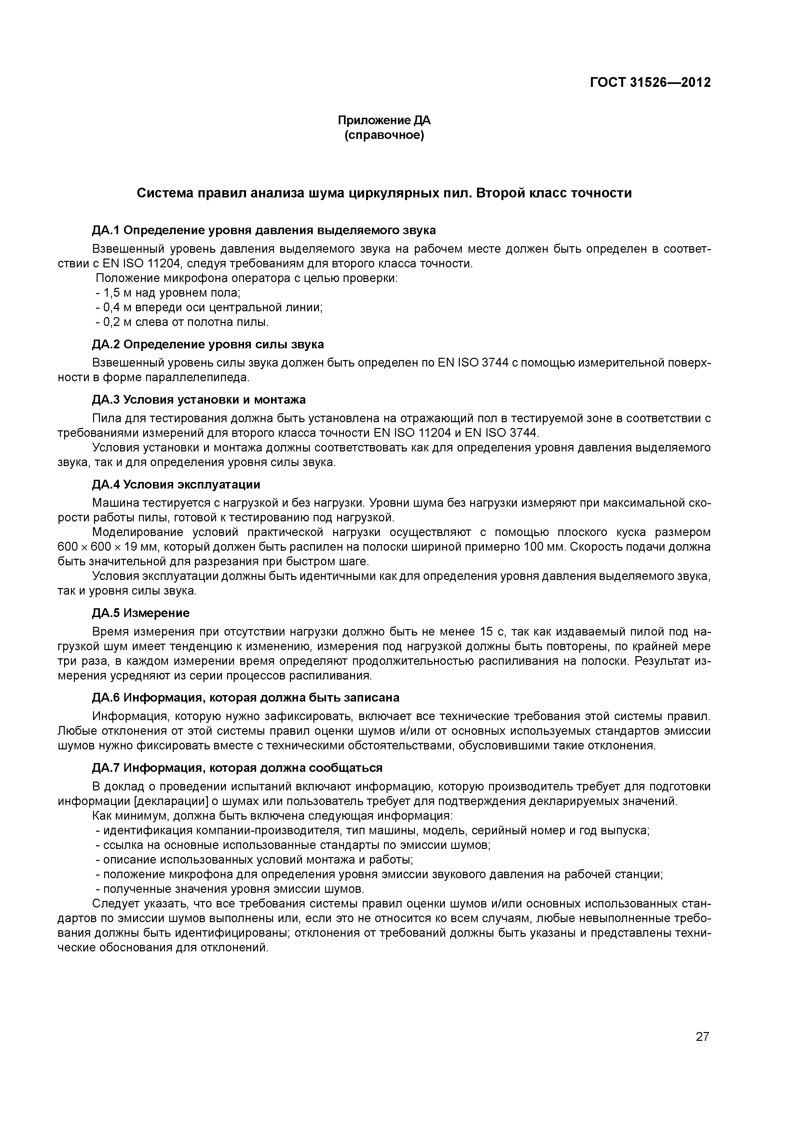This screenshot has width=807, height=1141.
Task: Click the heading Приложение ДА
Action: click(x=384, y=120)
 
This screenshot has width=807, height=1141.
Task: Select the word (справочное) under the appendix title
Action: click(x=384, y=135)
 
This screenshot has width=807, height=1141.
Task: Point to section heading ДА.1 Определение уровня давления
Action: click(x=264, y=230)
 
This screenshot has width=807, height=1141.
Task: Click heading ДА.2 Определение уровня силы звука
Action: click(x=208, y=344)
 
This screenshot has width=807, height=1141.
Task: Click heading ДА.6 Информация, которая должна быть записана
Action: click(x=246, y=698)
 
